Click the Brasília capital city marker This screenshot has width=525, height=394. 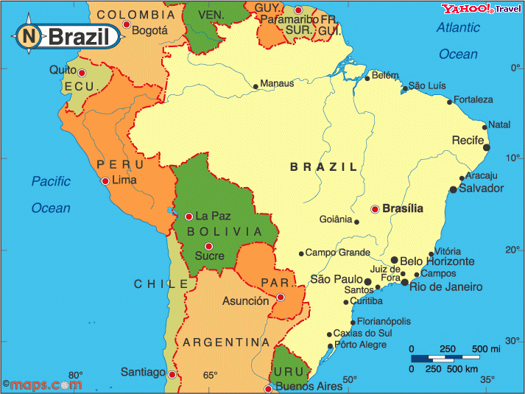(x=375, y=209)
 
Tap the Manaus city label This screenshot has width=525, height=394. (x=277, y=83)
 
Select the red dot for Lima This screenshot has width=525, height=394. (x=106, y=181)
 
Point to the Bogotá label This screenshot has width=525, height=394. (x=151, y=31)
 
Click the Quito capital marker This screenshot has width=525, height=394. (x=82, y=73)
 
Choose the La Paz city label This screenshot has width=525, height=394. (x=214, y=217)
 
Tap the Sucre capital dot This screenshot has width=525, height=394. (x=208, y=246)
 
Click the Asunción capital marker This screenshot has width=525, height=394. (x=281, y=298)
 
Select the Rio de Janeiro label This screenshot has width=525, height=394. (x=446, y=286)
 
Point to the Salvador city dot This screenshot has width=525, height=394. (x=454, y=189)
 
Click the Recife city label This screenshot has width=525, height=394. (x=468, y=140)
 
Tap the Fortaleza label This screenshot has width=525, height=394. (x=473, y=99)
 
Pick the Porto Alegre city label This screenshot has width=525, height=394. (x=360, y=345)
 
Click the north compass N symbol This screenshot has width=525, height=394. (x=29, y=35)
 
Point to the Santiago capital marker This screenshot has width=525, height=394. (x=172, y=375)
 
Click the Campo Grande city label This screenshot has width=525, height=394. (x=337, y=253)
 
